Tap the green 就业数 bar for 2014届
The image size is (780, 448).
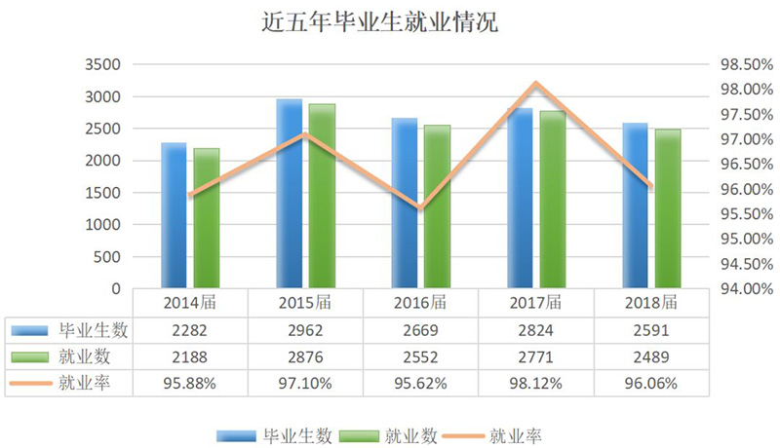[x=207, y=218]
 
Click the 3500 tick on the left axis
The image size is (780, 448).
[x=101, y=65]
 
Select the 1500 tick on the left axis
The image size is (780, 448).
[x=101, y=193]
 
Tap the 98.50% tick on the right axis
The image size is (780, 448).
[x=738, y=65]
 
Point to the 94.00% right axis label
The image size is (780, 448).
[x=738, y=289]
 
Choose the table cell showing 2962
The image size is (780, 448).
[x=305, y=329]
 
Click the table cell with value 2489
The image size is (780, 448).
[x=649, y=356]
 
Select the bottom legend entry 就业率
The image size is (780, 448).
[x=513, y=431]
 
